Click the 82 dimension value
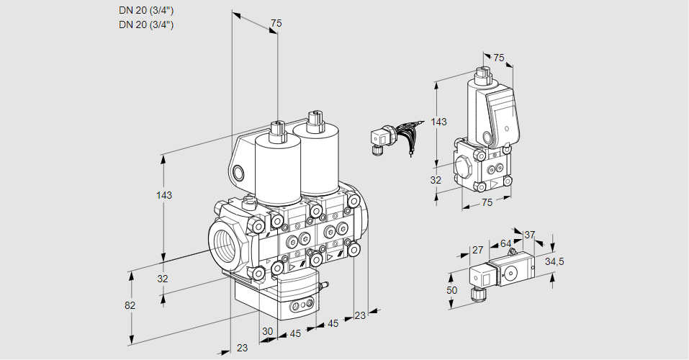tap(130, 305)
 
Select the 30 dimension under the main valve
tap(268, 331)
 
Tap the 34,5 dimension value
tap(554, 261)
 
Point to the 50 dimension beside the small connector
tap(452, 289)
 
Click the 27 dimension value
tap(477, 251)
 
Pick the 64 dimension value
tap(505, 244)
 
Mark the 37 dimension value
tap(530, 235)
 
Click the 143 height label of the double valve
tap(164, 195)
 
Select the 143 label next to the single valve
tap(438, 122)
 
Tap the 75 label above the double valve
tap(275, 24)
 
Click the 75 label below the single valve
tap(487, 202)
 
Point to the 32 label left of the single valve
tap(435, 180)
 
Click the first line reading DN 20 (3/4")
tap(146, 10)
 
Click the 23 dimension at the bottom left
tap(242, 348)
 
